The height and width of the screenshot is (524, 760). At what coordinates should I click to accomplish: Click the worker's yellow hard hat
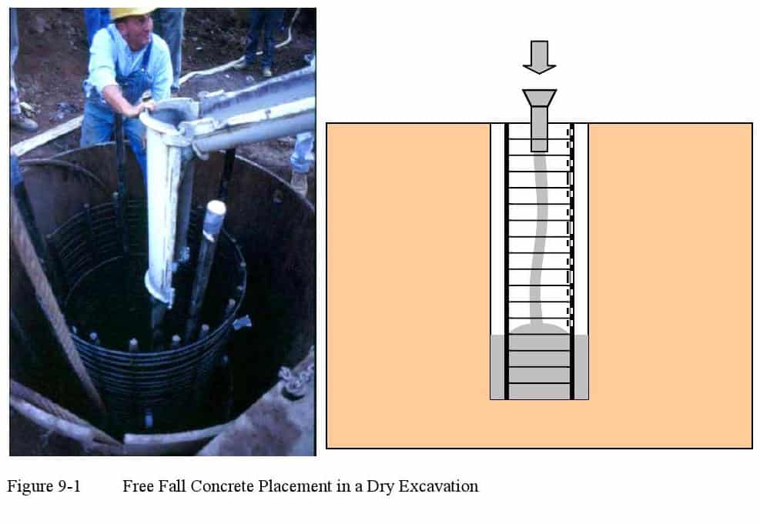click(130, 13)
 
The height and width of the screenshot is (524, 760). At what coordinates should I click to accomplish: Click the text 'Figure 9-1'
click(44, 486)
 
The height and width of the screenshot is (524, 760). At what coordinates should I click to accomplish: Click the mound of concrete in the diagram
click(539, 329)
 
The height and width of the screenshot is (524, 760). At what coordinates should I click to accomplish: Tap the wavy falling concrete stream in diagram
click(538, 237)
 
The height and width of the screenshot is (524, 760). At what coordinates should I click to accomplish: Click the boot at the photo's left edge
click(23, 122)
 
